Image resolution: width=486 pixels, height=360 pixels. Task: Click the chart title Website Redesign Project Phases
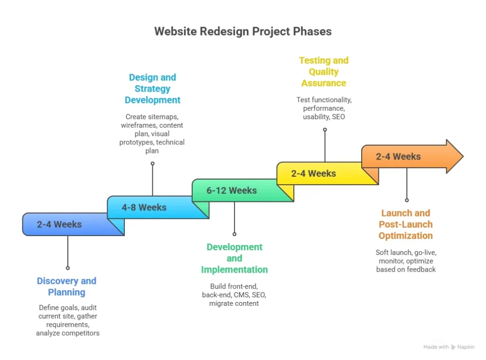point(243,31)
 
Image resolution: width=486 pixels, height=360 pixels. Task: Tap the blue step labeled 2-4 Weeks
point(60,224)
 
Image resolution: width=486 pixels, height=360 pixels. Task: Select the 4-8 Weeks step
point(144,207)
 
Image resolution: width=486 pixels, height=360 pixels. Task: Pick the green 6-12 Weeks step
point(232,190)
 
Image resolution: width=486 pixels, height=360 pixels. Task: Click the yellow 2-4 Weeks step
point(313,173)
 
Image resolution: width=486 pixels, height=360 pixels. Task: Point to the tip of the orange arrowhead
point(462,156)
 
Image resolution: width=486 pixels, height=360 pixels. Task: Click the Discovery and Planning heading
point(66,286)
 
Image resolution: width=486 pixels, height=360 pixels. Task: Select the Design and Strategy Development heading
point(152,89)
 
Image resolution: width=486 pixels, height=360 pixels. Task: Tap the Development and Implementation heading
point(234,258)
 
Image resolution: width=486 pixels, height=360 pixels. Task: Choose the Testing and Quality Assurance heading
point(324,72)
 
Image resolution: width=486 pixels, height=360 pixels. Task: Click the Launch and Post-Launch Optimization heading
point(405,224)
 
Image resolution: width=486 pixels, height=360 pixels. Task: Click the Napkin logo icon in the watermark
point(453,347)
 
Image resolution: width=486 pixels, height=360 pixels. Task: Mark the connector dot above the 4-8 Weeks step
point(152,163)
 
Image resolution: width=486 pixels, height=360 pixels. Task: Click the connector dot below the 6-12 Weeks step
point(234,234)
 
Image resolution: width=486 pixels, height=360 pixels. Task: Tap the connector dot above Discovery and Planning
point(68,268)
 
